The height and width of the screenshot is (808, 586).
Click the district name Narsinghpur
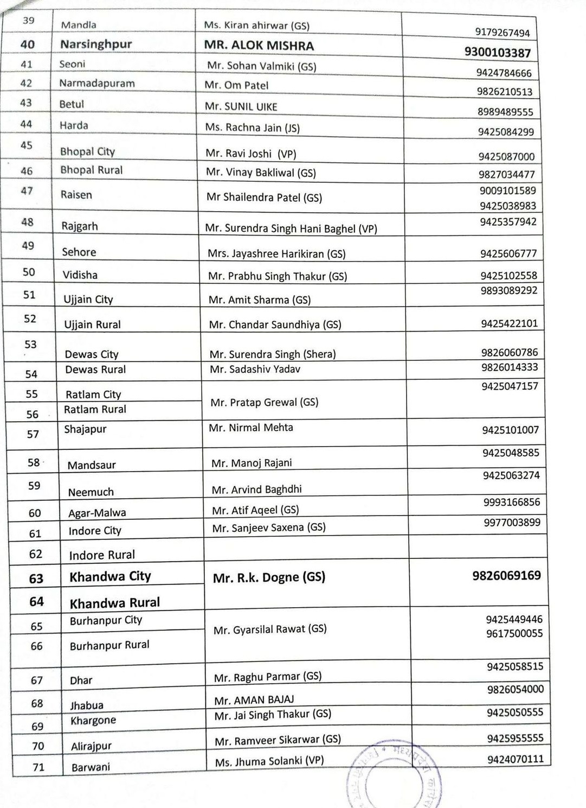tap(96, 44)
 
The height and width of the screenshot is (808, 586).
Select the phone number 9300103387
tap(497, 53)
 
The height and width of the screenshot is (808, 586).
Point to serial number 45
tap(27, 145)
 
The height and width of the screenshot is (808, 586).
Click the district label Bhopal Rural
tap(91, 170)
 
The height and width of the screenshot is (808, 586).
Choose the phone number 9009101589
tap(507, 190)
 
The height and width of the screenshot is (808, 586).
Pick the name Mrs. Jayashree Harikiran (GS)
tap(276, 253)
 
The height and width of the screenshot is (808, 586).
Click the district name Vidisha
tap(80, 275)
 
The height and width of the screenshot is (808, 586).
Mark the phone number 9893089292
tap(508, 290)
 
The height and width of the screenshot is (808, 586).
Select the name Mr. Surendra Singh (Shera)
tap(273, 354)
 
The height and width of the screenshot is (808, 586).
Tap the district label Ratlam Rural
tap(95, 410)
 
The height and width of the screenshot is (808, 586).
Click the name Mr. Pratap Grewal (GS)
tap(264, 403)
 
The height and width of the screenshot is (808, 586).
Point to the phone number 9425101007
tap(510, 430)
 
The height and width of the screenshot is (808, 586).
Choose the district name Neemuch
tap(91, 493)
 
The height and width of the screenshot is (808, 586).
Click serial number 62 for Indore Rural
tap(36, 554)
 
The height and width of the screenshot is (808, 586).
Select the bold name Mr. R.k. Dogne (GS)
tap(269, 578)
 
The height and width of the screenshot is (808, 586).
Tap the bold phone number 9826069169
tap(506, 576)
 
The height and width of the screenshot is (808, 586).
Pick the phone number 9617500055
tap(514, 634)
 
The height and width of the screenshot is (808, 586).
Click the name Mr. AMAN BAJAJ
tap(254, 700)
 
